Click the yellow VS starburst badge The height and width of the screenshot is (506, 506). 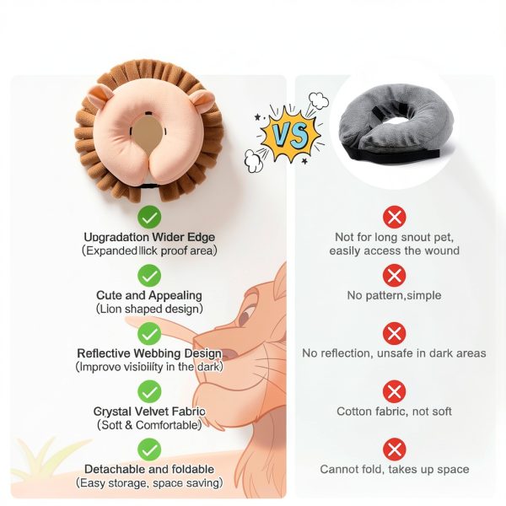[x=288, y=134]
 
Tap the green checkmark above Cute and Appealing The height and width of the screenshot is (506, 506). [x=149, y=276]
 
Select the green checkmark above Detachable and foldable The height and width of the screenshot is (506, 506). [x=149, y=449]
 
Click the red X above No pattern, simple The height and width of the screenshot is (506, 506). [x=394, y=276]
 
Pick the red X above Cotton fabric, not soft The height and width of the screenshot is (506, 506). [x=394, y=391]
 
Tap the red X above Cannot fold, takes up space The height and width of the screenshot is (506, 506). [x=394, y=449]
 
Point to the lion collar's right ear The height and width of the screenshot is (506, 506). [x=202, y=100]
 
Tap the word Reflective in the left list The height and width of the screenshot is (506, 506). [x=104, y=353]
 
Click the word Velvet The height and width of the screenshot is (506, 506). [x=151, y=412]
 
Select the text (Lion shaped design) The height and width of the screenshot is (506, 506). [x=149, y=309]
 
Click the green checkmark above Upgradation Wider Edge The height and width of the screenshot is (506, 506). [x=149, y=218]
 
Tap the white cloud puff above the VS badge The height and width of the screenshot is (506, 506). [x=318, y=100]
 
